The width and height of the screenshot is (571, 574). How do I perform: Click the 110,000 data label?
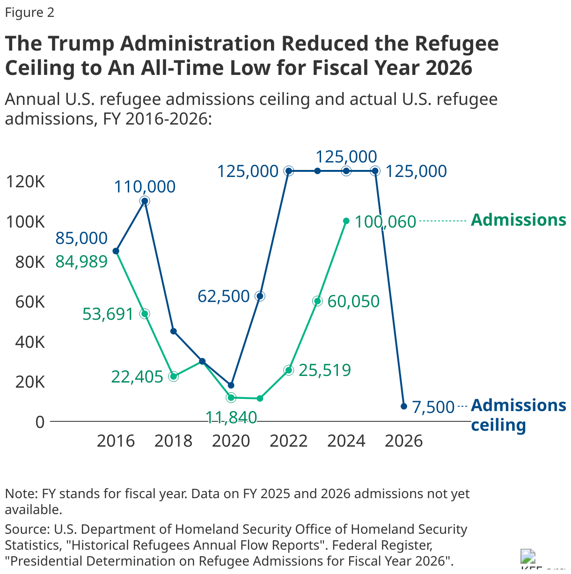point(145,187)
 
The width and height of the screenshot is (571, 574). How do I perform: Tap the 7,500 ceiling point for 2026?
point(403,406)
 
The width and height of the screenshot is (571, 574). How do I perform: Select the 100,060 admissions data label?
point(385,221)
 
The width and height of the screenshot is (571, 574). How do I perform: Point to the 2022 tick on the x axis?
point(288,441)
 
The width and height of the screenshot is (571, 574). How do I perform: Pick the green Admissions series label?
point(518,220)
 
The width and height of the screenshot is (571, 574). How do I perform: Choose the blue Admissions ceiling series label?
point(518,415)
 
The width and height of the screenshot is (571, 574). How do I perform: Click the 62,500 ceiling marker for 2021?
point(260,296)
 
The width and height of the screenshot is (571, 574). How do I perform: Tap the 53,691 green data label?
point(108,314)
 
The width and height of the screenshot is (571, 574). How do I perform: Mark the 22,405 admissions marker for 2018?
point(174,376)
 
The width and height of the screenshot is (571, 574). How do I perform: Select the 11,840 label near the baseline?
point(231,417)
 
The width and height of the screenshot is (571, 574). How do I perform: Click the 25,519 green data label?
point(324,370)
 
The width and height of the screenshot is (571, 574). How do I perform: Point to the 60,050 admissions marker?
point(317,301)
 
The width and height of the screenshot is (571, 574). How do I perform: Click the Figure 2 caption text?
point(29,13)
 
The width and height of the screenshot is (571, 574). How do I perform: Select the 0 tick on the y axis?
point(40,422)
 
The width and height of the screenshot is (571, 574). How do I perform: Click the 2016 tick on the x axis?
point(116,441)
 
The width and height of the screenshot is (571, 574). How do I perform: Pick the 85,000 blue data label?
point(81,238)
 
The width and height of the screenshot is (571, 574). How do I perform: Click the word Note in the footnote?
point(21,494)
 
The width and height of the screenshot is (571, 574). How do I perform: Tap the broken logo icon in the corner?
point(528,557)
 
